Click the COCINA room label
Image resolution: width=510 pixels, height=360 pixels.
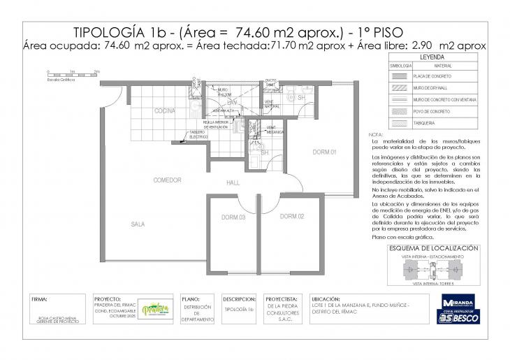[164, 111]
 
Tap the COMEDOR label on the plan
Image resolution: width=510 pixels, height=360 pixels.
[168, 180]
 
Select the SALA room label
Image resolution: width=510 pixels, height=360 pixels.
[138, 224]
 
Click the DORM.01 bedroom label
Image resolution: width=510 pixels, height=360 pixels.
[325, 152]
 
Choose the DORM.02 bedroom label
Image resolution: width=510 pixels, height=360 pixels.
[291, 217]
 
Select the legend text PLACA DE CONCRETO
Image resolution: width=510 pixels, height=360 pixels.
[432, 75]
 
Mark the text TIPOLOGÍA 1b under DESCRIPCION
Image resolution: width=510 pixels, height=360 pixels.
[240, 308]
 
